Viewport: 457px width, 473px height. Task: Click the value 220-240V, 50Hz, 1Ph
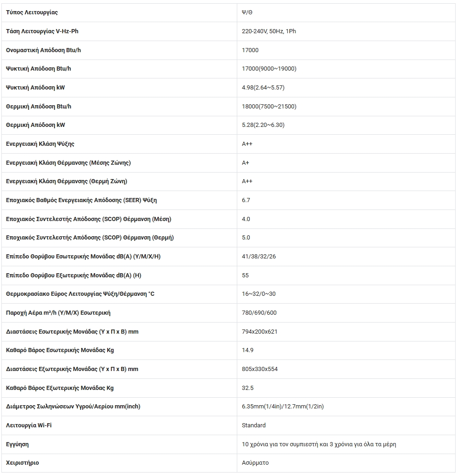(x=269, y=31)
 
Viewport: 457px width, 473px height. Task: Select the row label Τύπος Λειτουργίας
(x=32, y=12)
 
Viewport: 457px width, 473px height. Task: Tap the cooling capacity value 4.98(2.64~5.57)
(x=263, y=88)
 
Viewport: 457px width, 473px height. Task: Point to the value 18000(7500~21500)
(x=269, y=107)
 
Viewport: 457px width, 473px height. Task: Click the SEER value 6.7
(x=246, y=200)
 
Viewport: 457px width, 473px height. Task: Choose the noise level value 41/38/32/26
(x=259, y=257)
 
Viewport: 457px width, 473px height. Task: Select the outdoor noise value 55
(x=245, y=275)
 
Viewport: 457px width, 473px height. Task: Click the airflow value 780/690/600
(x=259, y=313)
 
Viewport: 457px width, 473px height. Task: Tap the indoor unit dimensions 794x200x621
(x=259, y=332)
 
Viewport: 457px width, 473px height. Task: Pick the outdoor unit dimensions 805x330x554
(x=259, y=369)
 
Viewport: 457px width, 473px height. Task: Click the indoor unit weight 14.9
(x=247, y=350)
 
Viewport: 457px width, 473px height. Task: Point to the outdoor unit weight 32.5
(x=247, y=388)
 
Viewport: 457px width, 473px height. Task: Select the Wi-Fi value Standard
(x=253, y=425)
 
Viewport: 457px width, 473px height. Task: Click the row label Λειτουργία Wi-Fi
(x=29, y=425)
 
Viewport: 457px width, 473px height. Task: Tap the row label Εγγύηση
(x=18, y=444)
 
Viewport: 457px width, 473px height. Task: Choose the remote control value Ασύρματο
(x=255, y=463)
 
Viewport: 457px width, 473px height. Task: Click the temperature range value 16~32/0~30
(x=259, y=294)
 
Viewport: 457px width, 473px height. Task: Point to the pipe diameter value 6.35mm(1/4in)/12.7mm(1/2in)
(x=283, y=407)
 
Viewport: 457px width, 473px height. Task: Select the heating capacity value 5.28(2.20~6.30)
(x=263, y=125)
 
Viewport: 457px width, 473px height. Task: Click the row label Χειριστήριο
(x=22, y=463)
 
